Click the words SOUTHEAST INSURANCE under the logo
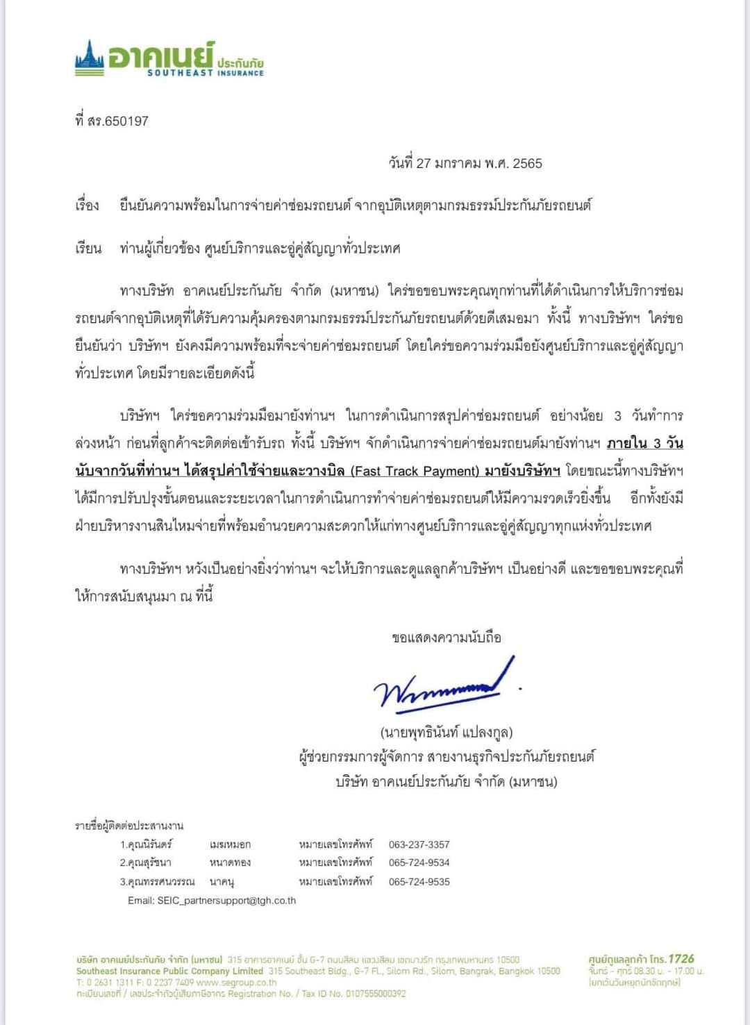(206, 73)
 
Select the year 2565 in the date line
(527, 164)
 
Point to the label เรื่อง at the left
(87, 206)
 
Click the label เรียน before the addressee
(87, 249)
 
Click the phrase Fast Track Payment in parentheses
(415, 472)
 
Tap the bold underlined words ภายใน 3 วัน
(645, 444)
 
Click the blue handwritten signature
(444, 684)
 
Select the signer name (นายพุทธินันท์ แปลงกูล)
(446, 732)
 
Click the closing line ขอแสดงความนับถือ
(446, 637)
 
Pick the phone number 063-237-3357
(419, 844)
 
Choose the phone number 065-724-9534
(419, 863)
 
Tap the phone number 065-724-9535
(419, 882)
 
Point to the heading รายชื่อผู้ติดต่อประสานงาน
(129, 826)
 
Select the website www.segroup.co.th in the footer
(236, 983)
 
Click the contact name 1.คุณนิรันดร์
(146, 844)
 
